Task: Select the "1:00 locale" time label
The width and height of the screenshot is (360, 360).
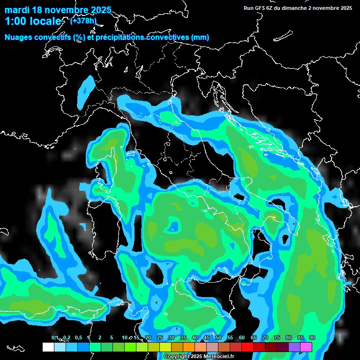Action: click(x=32, y=22)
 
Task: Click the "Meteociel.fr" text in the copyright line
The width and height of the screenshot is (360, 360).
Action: click(x=217, y=357)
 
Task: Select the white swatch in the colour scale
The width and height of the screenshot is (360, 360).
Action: click(x=48, y=347)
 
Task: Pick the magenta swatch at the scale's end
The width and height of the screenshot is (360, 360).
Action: click(x=306, y=347)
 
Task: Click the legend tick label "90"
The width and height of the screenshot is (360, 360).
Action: click(x=312, y=338)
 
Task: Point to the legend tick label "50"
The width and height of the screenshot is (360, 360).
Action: click(x=218, y=338)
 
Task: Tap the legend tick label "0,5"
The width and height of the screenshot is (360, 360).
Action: click(x=78, y=338)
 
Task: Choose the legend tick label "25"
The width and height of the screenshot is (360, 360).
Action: click(x=159, y=338)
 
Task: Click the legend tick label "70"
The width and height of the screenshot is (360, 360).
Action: click(x=265, y=338)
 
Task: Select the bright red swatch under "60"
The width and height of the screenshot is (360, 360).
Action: click(x=247, y=347)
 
